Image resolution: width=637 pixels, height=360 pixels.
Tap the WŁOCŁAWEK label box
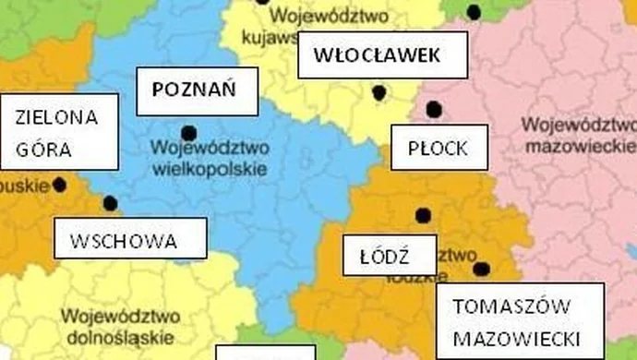coord(376,55)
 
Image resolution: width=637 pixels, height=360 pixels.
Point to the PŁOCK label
coord(438,149)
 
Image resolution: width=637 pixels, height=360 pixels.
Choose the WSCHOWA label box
coord(128,242)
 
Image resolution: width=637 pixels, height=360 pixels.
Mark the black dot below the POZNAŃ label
coord(189,133)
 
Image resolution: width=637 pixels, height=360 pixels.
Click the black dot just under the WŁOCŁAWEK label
coord(379,91)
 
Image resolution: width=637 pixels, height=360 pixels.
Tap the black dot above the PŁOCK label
coord(434,110)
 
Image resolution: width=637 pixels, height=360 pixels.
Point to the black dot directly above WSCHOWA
coord(111,203)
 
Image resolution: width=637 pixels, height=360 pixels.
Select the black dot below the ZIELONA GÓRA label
coord(60,185)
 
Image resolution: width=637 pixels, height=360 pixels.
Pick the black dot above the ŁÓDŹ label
coord(423,216)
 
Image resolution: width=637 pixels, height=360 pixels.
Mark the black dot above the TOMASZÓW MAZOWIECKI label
coord(481,270)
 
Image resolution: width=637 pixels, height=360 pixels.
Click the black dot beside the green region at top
coord(474,12)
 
